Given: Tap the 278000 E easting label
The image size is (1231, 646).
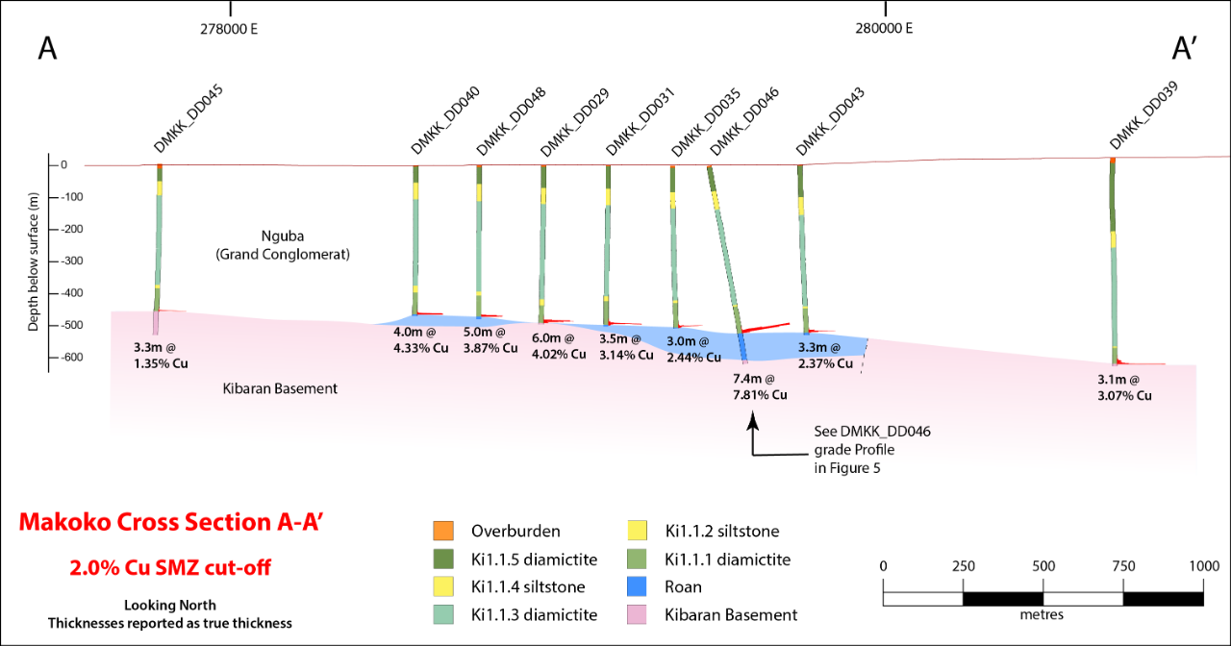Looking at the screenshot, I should [229, 28].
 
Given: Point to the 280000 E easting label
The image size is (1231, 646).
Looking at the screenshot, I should [882, 28].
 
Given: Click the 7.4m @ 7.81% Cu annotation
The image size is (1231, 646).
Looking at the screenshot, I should [760, 387].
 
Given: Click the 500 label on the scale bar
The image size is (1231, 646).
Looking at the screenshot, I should [1043, 565].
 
